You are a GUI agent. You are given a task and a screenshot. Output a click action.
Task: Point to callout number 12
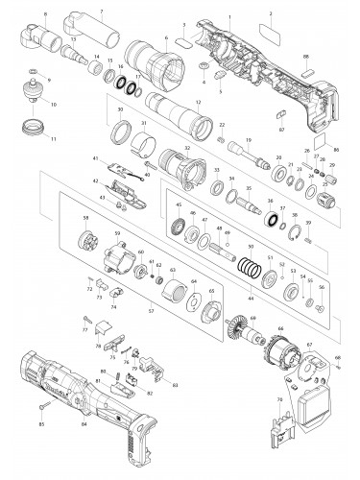[199, 102]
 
